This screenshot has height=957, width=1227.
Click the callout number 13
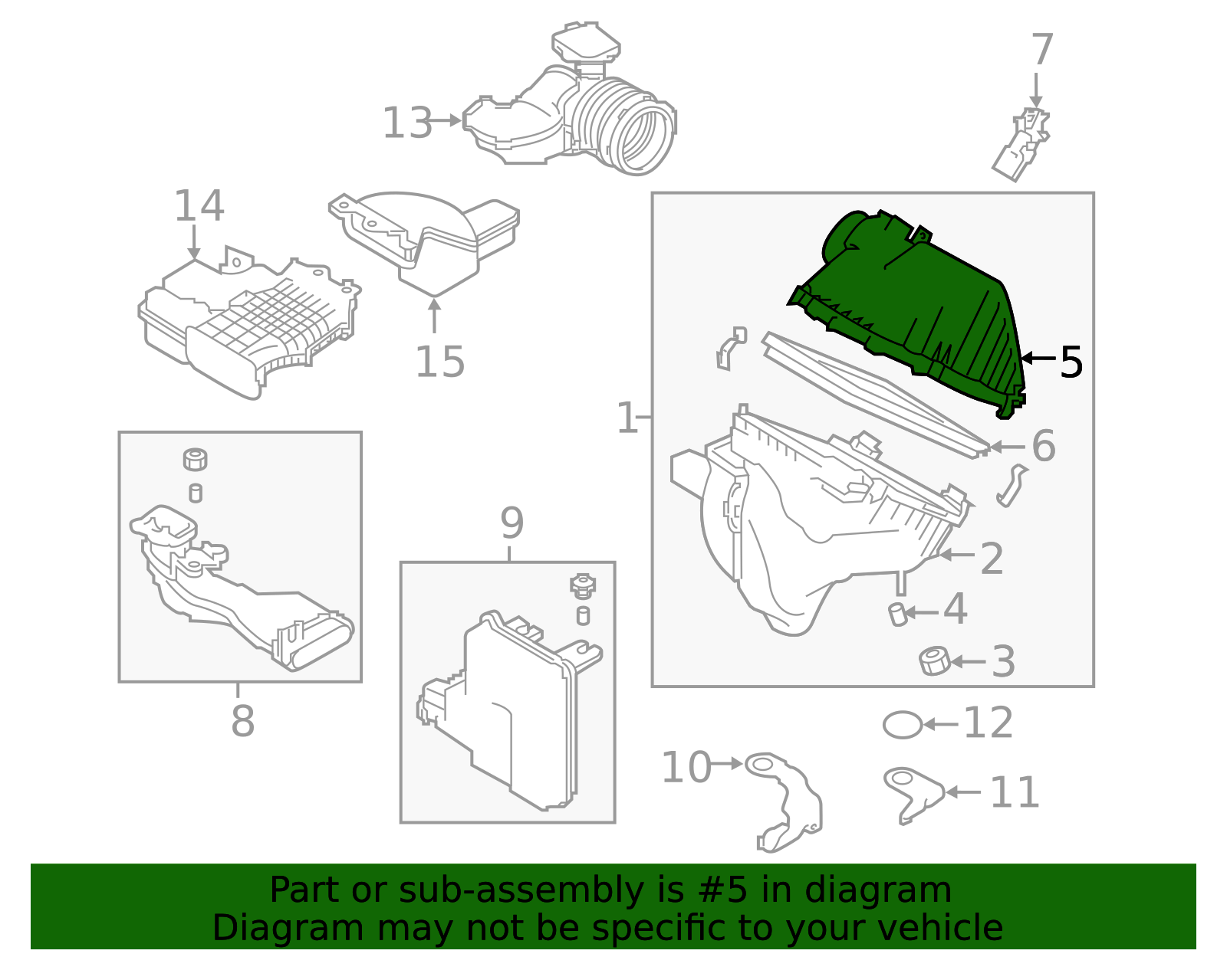point(407,123)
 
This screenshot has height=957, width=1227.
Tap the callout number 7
point(1042,51)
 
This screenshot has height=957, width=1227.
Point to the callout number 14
point(199,206)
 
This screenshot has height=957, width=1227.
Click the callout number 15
point(439,362)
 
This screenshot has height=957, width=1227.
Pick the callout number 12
point(988,723)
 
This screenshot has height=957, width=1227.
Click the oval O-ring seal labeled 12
point(902,724)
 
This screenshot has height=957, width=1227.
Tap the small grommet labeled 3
point(934,660)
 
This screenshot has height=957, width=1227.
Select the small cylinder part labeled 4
point(898,614)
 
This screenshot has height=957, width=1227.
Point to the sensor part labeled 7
point(1021,145)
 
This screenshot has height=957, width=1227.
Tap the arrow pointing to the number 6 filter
point(1006,447)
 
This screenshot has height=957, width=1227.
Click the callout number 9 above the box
point(512,523)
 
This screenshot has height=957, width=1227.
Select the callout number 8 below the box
point(242,721)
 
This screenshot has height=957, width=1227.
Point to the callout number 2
point(992,559)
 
